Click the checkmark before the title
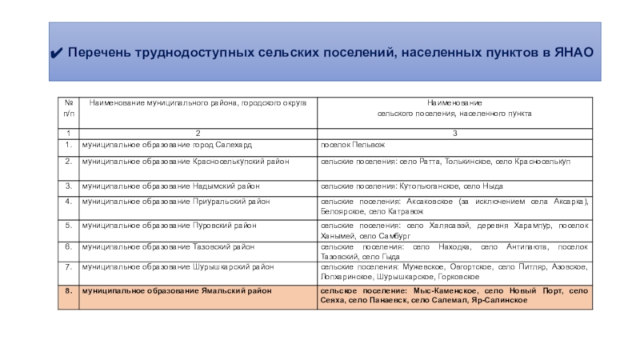click(56, 52)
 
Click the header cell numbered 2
click(197, 132)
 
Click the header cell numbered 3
click(454, 132)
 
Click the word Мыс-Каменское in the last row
click(442, 292)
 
